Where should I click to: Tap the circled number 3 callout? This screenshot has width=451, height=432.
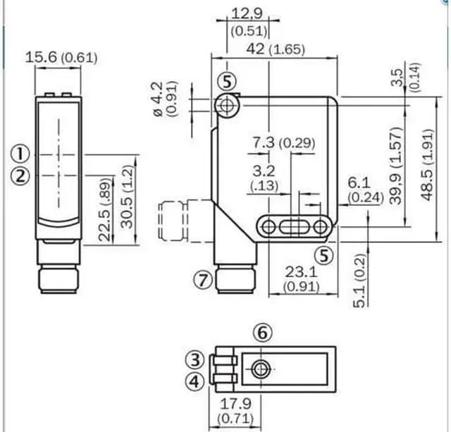coord(197,359)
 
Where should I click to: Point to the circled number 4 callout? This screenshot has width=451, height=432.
coord(197,381)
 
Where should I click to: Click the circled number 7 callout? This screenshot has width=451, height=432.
coord(202,280)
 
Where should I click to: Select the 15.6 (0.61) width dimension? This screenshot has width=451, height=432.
coord(61,58)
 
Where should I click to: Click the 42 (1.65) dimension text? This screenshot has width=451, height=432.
coord(271,50)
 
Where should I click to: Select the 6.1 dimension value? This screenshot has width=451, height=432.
coord(358,183)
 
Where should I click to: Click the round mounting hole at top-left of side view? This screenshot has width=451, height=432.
coord(227,106)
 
